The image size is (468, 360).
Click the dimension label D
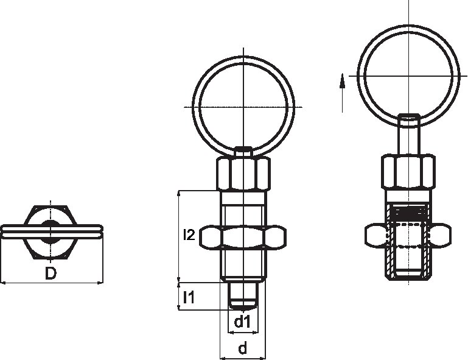coord(51,274)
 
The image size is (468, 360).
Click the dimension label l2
coord(189,235)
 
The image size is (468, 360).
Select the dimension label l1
coord(189,298)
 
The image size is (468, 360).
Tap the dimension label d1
coord(243,322)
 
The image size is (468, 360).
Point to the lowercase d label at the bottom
coord(243,348)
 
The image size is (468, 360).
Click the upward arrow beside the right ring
coord(343,82)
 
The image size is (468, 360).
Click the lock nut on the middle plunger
coord(243,238)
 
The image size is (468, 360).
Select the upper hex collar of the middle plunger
coord(243,174)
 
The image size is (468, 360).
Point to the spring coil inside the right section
coord(408,213)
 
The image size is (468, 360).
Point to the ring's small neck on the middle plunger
coord(243,152)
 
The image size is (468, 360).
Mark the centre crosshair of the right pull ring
coord(408,74)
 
